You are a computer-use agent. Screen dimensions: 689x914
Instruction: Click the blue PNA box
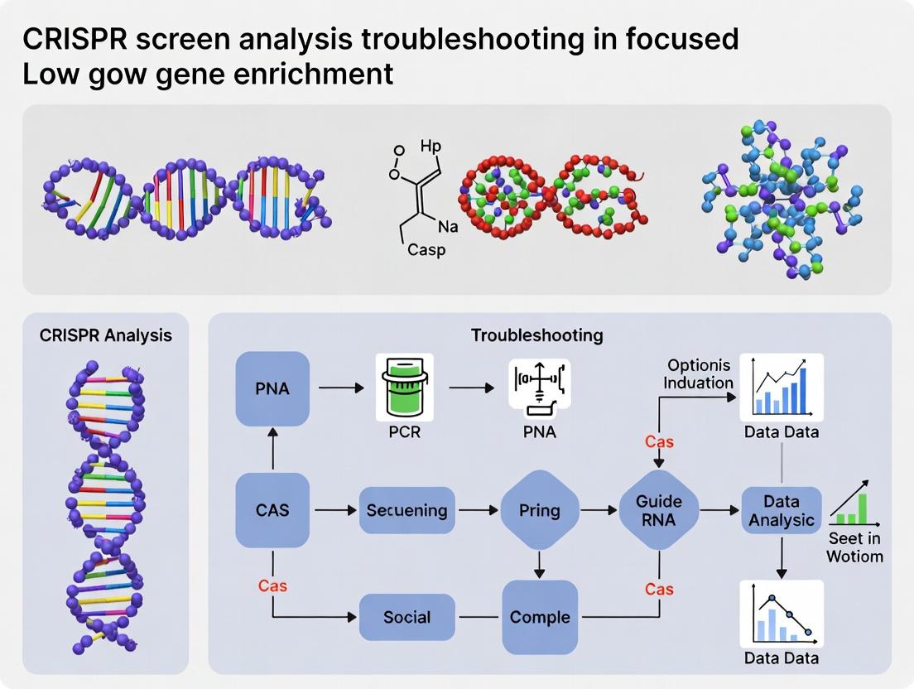pos(272,388)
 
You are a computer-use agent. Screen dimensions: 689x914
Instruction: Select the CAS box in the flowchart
pos(272,510)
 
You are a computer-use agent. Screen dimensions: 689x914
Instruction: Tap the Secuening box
pos(406,510)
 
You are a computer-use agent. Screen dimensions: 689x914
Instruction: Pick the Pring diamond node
pos(539,510)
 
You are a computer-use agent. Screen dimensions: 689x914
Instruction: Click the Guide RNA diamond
pos(659,510)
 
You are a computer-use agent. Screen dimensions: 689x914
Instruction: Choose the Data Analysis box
pos(781,510)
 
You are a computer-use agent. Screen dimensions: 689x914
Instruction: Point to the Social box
pos(406,617)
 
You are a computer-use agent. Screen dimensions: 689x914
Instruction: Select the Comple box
pos(540,617)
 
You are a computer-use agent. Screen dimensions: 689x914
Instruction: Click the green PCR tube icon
pos(405,386)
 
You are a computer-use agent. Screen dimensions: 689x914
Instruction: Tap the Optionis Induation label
pos(700,373)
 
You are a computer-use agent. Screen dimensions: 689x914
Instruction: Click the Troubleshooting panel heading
pos(536,335)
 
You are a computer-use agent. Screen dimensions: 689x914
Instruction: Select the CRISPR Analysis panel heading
pos(106,335)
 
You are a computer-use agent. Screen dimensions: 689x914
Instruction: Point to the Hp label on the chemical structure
pos(431,146)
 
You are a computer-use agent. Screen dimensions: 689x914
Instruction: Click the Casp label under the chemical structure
pos(426,249)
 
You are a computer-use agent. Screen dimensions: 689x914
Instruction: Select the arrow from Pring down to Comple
pos(539,564)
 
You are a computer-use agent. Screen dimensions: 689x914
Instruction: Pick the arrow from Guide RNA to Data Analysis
pos(719,510)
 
